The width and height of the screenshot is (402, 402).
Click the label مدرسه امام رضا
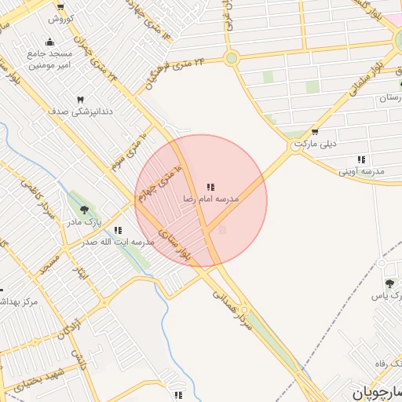(210, 199)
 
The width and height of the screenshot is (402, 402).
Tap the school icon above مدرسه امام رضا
(210, 187)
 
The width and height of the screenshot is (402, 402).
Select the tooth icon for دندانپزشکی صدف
(80, 100)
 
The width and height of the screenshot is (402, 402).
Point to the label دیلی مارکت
(316, 144)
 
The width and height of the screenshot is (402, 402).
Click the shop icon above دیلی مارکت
(315, 132)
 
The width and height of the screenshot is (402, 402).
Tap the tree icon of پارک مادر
(84, 210)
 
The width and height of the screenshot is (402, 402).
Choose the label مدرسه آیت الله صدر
(118, 242)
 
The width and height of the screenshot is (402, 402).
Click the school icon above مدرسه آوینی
(360, 159)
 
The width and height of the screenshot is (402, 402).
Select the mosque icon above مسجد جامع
(51, 42)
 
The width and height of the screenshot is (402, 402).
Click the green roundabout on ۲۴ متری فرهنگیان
(231, 58)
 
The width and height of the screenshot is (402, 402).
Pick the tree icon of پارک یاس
(389, 283)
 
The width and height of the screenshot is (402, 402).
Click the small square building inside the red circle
(221, 230)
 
